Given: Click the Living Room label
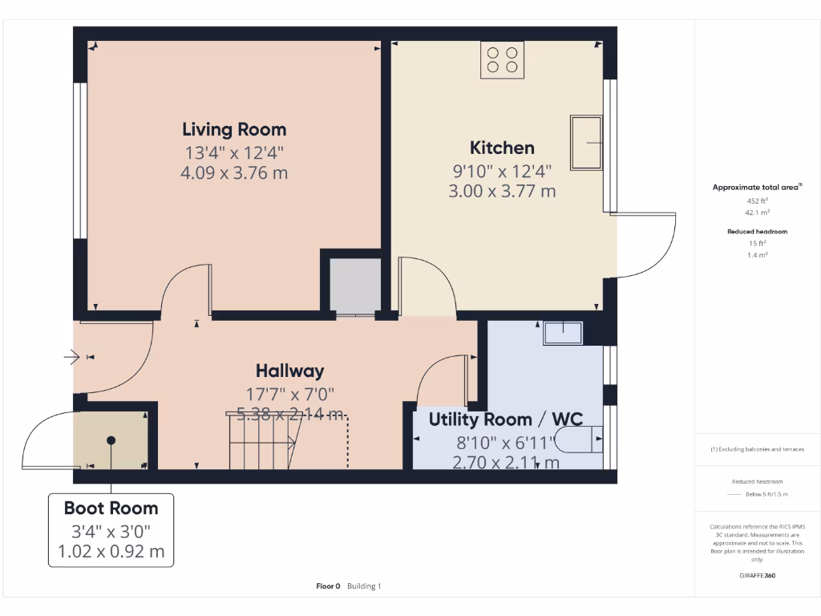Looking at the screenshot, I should pyautogui.click(x=234, y=129).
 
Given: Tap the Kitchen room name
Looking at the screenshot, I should pyautogui.click(x=502, y=148).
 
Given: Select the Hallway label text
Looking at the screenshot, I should pyautogui.click(x=289, y=371).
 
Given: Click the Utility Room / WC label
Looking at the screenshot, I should pyautogui.click(x=505, y=419).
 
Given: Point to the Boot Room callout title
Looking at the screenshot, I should pyautogui.click(x=111, y=508).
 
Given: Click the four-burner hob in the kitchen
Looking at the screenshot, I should pyautogui.click(x=503, y=60).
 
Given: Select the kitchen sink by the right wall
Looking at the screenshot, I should pyautogui.click(x=586, y=143).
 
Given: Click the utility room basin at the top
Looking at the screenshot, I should pyautogui.click(x=564, y=331).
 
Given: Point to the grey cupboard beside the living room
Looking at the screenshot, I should pyautogui.click(x=355, y=285).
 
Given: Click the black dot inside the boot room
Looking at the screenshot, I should pyautogui.click(x=111, y=440).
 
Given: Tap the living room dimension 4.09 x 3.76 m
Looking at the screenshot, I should pyautogui.click(x=234, y=172).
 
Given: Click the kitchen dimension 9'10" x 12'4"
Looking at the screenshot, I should pyautogui.click(x=502, y=170).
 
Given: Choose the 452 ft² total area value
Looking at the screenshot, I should pyautogui.click(x=758, y=201).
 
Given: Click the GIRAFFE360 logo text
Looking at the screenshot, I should pyautogui.click(x=758, y=575).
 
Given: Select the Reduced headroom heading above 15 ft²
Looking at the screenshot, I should pyautogui.click(x=758, y=232).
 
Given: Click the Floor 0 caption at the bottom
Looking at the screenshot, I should pyautogui.click(x=329, y=586).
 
